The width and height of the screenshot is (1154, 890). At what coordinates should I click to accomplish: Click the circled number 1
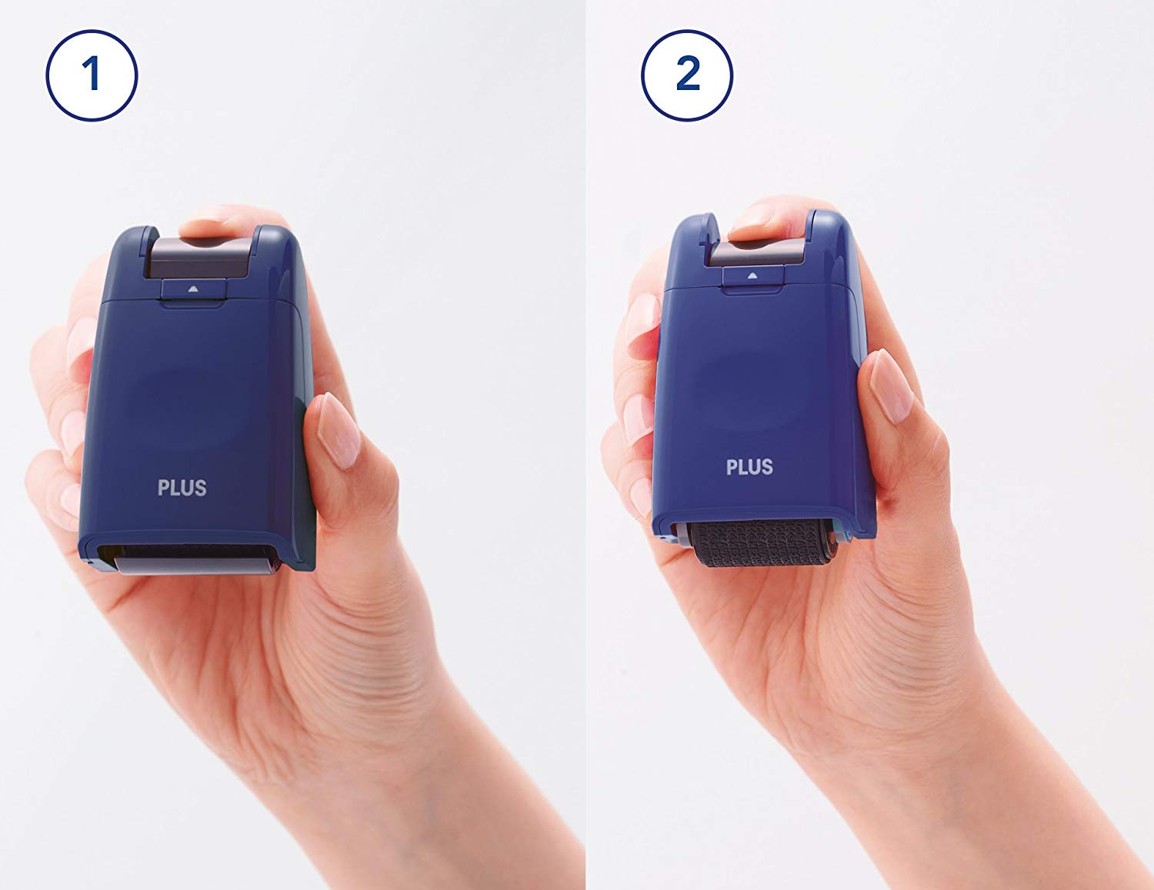pyautogui.click(x=92, y=75)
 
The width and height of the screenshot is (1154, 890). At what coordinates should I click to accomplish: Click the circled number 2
pyautogui.click(x=687, y=75)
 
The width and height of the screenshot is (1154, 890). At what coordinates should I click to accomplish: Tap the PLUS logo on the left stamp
pyautogui.click(x=182, y=488)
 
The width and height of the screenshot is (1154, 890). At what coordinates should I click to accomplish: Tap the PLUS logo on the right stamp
pyautogui.click(x=749, y=467)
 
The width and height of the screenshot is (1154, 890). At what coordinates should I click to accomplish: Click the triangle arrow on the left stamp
pyautogui.click(x=193, y=289)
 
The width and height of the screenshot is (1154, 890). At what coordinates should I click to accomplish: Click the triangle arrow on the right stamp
pyautogui.click(x=752, y=275)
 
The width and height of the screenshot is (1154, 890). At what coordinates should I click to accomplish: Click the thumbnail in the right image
pyautogui.click(x=891, y=386)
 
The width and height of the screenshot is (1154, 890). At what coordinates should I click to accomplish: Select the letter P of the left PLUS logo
pyautogui.click(x=163, y=488)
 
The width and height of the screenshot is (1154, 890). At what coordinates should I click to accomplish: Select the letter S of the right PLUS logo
pyautogui.click(x=767, y=467)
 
